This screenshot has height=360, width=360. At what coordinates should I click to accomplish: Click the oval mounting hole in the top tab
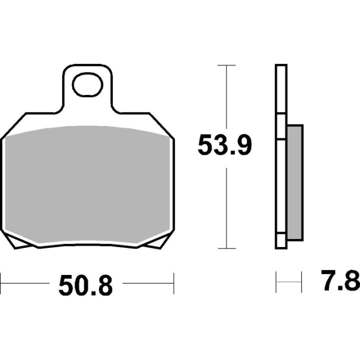coord(87,85)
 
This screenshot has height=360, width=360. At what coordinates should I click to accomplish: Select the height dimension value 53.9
coord(224,145)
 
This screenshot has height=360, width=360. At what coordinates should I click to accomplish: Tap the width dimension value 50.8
coord(85,285)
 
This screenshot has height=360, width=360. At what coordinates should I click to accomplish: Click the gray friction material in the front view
coord(87,185)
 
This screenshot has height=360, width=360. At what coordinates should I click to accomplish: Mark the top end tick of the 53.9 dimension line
coord(227,65)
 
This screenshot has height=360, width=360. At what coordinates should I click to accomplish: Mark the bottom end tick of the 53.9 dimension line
coord(227,248)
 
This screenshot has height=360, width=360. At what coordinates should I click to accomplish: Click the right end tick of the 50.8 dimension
coord(173,283)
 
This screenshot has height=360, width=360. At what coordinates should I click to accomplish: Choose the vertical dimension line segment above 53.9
coord(227,97)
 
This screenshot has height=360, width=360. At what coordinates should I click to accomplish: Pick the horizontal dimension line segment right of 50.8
coord(147,283)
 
